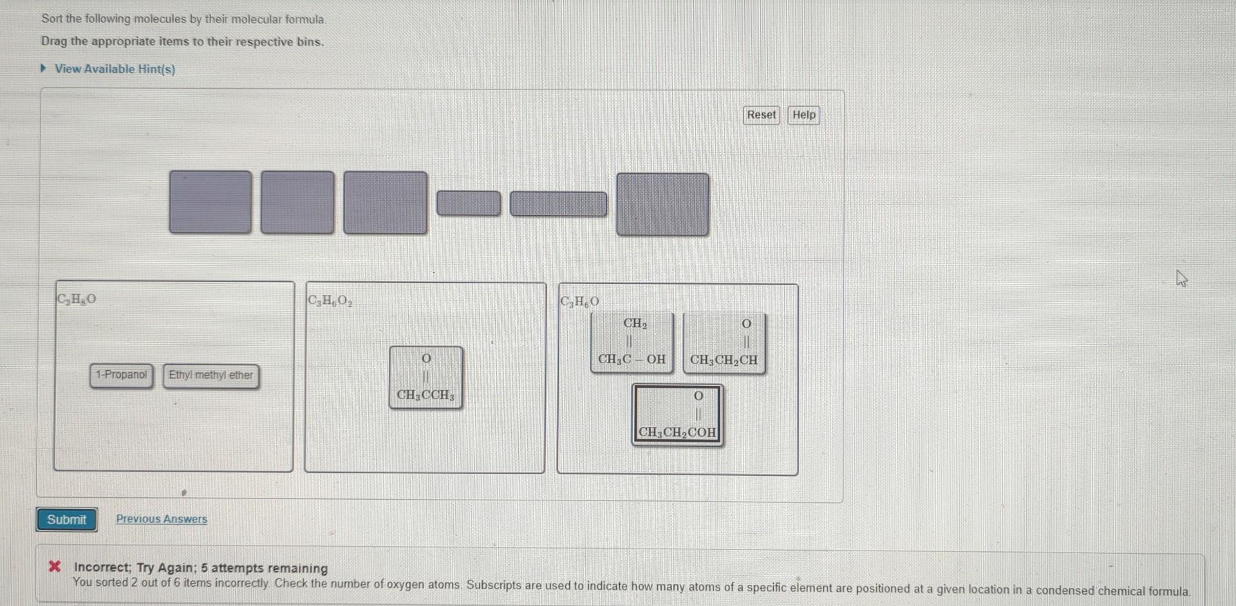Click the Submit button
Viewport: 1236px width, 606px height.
66,520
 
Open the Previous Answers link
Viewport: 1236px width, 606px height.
162,519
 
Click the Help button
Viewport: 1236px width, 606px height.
803,115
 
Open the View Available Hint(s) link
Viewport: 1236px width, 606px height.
114,69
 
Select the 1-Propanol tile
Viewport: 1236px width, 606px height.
121,375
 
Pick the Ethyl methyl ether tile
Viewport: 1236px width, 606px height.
211,375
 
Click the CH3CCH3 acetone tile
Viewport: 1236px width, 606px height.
426,377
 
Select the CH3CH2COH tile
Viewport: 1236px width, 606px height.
677,415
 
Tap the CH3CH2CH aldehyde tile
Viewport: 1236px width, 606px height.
724,343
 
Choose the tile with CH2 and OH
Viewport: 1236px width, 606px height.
632,343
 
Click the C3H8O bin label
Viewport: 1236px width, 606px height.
77,299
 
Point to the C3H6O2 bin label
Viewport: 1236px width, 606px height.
330,301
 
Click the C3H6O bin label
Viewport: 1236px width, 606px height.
579,301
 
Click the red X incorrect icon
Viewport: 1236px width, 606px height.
55,567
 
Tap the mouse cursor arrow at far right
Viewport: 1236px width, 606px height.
1181,278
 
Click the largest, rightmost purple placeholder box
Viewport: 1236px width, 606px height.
662,204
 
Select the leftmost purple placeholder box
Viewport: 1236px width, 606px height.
211,202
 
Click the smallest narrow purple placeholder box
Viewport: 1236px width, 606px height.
468,204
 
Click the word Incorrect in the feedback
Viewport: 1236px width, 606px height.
102,567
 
